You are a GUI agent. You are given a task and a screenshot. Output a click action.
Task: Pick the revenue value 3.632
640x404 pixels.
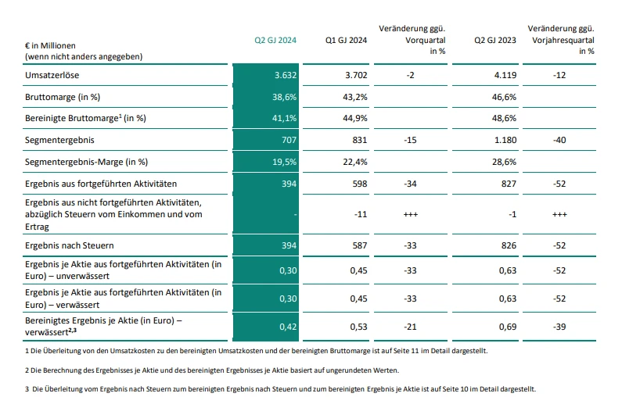(286, 75)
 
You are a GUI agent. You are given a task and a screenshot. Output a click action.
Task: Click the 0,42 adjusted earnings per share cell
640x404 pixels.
(288, 327)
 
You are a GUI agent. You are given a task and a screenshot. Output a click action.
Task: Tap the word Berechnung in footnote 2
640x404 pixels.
(54, 370)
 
